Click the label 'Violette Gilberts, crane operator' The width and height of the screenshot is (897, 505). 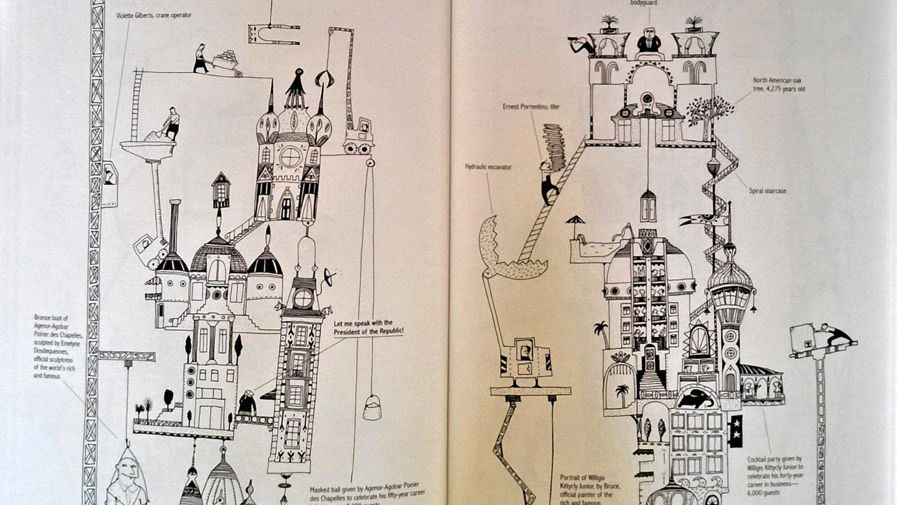154,15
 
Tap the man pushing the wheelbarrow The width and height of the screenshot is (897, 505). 201,58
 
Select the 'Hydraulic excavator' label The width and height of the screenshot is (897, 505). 488,167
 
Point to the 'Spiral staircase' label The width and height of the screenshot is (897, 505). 768,191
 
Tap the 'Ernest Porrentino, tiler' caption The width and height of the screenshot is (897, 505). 531,107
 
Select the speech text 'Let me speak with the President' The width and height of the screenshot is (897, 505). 368,327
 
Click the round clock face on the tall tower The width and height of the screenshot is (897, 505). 303,298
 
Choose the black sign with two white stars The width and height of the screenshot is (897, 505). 736,430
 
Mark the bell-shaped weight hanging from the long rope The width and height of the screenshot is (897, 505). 372,407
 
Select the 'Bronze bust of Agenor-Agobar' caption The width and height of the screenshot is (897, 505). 57,346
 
